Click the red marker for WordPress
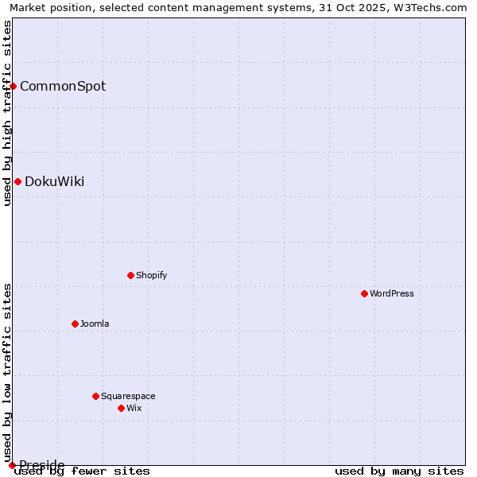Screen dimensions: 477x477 pyautogui.click(x=365, y=293)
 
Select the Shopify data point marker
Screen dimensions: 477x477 pyautogui.click(x=131, y=275)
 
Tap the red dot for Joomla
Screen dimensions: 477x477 pyautogui.click(x=76, y=324)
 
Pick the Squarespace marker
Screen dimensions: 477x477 pyautogui.click(x=96, y=396)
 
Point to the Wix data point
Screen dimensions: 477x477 pyautogui.click(x=122, y=408)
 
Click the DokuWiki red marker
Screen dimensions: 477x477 pyautogui.click(x=17, y=181)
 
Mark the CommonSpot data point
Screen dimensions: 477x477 pyautogui.click(x=14, y=86)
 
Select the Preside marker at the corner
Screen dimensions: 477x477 pyautogui.click(x=12, y=465)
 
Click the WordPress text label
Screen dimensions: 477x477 pyautogui.click(x=392, y=293)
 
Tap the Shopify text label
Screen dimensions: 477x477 pyautogui.click(x=151, y=275)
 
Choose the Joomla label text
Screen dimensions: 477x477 pyautogui.click(x=95, y=324)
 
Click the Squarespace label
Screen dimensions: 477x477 pyautogui.click(x=128, y=396)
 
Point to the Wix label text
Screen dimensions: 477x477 pyautogui.click(x=134, y=408)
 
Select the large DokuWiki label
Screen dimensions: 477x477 pyautogui.click(x=54, y=181)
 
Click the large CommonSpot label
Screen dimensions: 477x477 pyautogui.click(x=63, y=86)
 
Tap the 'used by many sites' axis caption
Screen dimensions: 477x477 pyautogui.click(x=399, y=471)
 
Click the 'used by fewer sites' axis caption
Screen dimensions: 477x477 pyautogui.click(x=82, y=471)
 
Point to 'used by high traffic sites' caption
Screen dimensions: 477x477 pyautogui.click(x=7, y=113)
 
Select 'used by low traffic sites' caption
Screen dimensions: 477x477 pyautogui.click(x=7, y=372)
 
